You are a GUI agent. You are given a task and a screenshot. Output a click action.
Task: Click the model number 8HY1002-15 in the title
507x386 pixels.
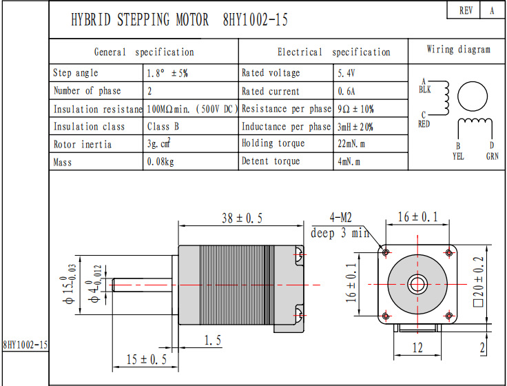coord(256,20)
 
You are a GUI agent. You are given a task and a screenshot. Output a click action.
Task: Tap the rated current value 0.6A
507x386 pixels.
coord(346,91)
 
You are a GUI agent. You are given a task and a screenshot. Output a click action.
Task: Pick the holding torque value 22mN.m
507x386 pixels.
coord(351,143)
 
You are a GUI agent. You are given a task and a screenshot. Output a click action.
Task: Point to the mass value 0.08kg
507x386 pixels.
coord(161,162)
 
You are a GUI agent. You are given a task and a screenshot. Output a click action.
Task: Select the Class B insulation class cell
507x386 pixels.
coord(163,127)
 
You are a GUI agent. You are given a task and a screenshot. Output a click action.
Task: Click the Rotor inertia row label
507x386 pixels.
coord(82,144)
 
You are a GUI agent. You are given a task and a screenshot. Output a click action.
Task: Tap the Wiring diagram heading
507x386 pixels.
coord(458,50)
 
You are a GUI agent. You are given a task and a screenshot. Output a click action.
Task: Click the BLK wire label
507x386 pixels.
coord(424,90)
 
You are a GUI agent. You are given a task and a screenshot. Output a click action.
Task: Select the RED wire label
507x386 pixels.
coord(424,124)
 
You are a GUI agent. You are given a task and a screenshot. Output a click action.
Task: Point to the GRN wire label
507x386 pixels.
coord(492,156)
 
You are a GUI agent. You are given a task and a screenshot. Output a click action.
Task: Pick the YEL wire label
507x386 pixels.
coord(458,156)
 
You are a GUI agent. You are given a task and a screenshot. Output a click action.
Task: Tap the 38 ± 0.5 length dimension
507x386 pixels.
coord(242,218)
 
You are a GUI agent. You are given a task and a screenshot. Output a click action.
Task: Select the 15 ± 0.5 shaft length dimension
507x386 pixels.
coord(147,359)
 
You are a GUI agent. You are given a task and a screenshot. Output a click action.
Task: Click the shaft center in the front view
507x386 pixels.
coord(417,284)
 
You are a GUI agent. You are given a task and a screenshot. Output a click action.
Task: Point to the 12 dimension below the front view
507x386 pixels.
coord(417,347)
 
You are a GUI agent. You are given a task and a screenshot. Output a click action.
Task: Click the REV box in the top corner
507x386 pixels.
coord(466,11)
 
